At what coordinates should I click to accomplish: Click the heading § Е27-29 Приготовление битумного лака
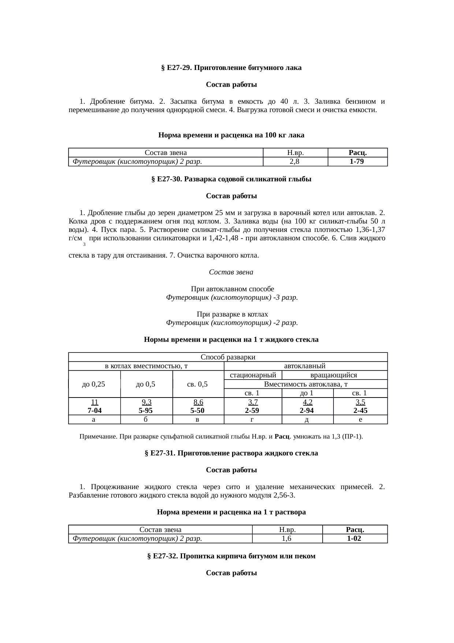pyautogui.click(x=231, y=68)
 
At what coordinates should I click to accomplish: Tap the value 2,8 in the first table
pyautogui.click(x=295, y=162)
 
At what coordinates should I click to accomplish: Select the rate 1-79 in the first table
pyautogui.click(x=357, y=162)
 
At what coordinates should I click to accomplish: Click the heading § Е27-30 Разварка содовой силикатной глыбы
pyautogui.click(x=231, y=179)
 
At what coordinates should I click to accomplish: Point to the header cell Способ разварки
pyautogui.click(x=228, y=357)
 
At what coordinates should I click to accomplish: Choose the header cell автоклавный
pyautogui.click(x=305, y=366)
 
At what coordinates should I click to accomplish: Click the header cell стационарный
pyautogui.click(x=253, y=375)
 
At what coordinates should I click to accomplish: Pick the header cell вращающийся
pyautogui.click(x=334, y=375)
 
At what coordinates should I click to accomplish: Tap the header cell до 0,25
pyautogui.click(x=94, y=384)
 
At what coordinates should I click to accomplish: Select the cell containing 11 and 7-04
pyautogui.click(x=94, y=406)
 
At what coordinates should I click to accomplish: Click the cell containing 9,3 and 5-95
pyautogui.click(x=146, y=406)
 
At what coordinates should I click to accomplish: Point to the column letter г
pyautogui.click(x=252, y=420)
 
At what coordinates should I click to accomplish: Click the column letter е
pyautogui.click(x=360, y=420)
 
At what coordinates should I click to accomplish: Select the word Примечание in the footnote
pyautogui.click(x=94, y=437)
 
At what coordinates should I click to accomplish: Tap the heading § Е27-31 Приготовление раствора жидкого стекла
pyautogui.click(x=231, y=453)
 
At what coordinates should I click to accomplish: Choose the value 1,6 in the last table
pyautogui.click(x=287, y=539)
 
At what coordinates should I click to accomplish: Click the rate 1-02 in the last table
pyautogui.click(x=354, y=539)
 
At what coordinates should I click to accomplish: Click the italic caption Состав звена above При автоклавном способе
pyautogui.click(x=231, y=272)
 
